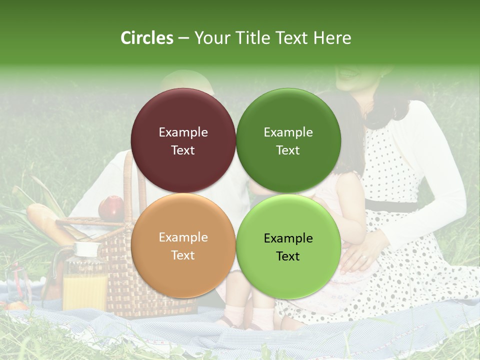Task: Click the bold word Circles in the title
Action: pyautogui.click(x=146, y=38)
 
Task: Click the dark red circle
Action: pyautogui.click(x=183, y=120)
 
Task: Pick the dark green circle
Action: pyautogui.click(x=288, y=120)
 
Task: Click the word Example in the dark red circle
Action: pyautogui.click(x=183, y=132)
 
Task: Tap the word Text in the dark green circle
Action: pyautogui.click(x=288, y=150)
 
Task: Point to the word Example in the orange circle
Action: pyautogui.click(x=183, y=237)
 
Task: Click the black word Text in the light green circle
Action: pyautogui.click(x=288, y=256)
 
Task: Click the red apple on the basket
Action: pyautogui.click(x=111, y=207)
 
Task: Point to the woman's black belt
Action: pyautogui.click(x=392, y=205)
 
